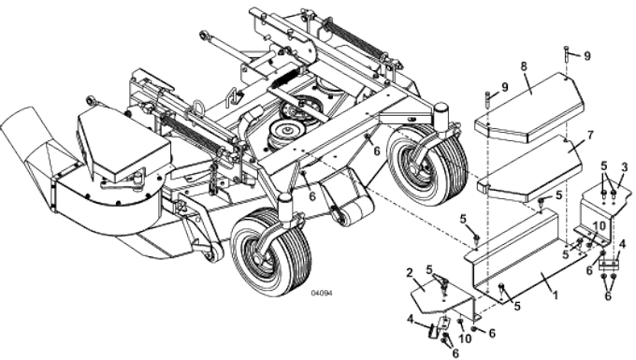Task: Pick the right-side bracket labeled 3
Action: (x=603, y=210)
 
